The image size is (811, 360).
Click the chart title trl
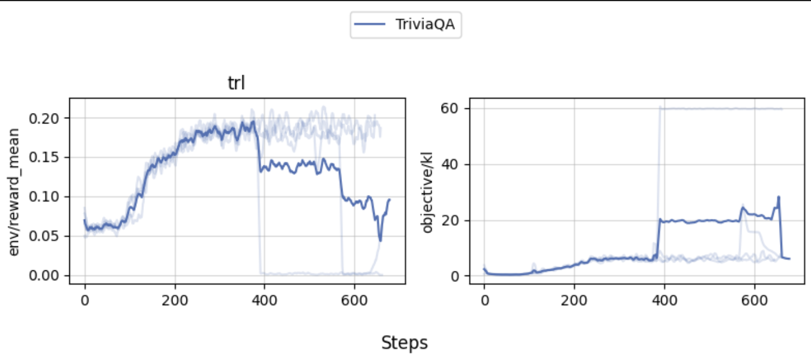click(236, 83)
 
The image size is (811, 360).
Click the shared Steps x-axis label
click(404, 343)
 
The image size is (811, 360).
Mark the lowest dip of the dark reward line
click(380, 240)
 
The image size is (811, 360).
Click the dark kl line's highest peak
click(778, 197)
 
